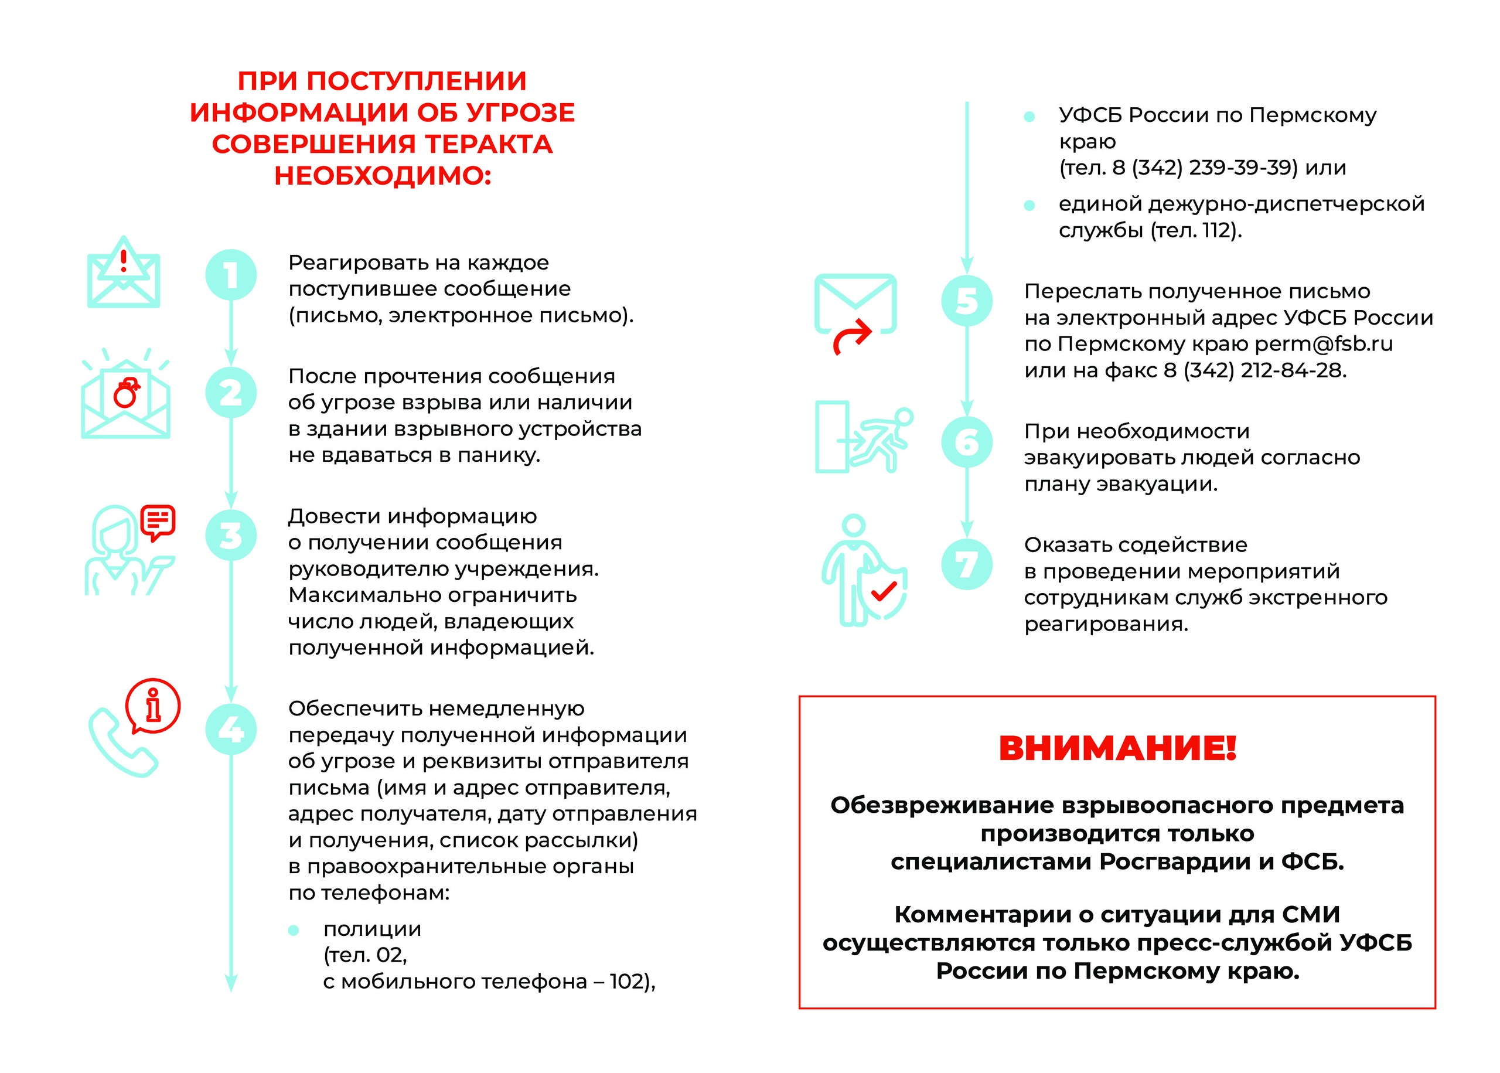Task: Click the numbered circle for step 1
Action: click(x=230, y=275)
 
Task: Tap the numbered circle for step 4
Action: click(x=230, y=729)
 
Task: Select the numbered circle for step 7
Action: click(x=966, y=564)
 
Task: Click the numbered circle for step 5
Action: click(x=966, y=301)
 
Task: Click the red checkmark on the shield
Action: click(x=883, y=591)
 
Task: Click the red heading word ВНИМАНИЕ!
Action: click(x=1117, y=748)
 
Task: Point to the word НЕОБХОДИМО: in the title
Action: click(x=383, y=176)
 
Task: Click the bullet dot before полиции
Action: click(x=294, y=930)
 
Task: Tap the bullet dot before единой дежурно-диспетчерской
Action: click(x=1028, y=206)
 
